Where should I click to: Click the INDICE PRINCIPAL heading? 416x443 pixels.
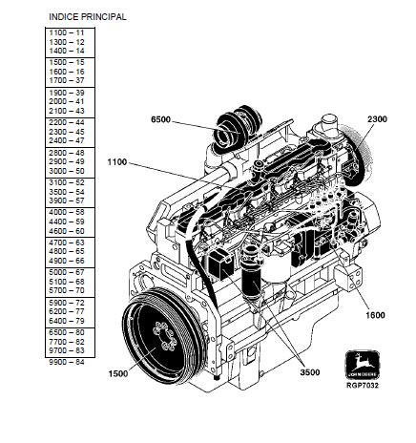[88, 17]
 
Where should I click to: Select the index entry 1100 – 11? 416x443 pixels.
[67, 32]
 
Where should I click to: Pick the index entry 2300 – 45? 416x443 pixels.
[67, 132]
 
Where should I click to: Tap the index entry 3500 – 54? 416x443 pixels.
[67, 192]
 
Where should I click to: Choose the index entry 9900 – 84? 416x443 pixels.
[67, 362]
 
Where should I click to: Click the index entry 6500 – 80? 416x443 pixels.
[67, 332]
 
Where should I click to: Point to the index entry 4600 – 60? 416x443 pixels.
[67, 231]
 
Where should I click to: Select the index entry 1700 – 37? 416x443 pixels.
[67, 80]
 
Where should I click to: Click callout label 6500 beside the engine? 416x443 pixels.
[160, 119]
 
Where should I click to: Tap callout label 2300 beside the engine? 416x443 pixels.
[377, 119]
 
